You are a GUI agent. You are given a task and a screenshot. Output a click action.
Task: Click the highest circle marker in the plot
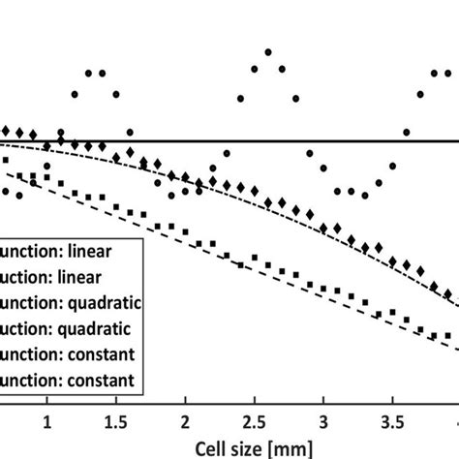(x=268, y=52)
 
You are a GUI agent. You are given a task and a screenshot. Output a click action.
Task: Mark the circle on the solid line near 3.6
(x=407, y=132)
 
